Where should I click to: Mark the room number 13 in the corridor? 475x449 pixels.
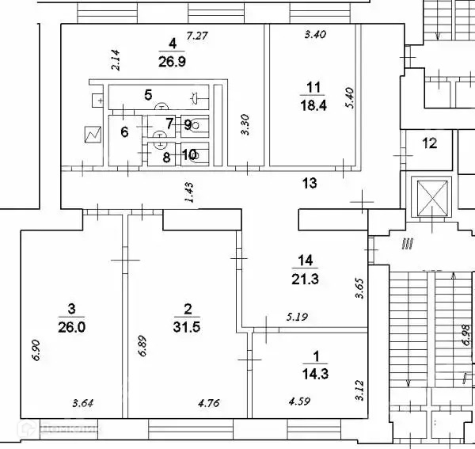pos(310,184)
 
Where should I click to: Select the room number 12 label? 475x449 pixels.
pos(429,143)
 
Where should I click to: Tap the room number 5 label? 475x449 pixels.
pos(147,95)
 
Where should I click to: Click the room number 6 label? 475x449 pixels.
pos(124,131)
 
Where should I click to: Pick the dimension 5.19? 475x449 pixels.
pos(296,318)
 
